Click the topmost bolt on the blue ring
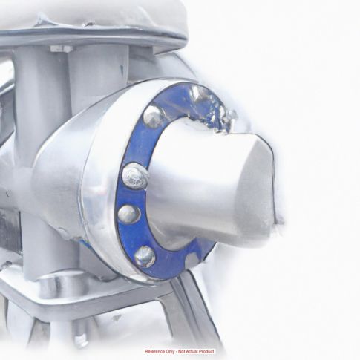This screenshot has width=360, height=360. point(153,117)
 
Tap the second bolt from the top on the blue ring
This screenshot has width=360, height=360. point(135,175)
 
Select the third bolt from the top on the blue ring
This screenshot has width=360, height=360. point(129,214)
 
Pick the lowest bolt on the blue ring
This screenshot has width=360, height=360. point(145,257)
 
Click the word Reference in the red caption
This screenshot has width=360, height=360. point(155,351)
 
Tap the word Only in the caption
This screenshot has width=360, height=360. point(170,352)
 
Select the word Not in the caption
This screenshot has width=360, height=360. point(182,351)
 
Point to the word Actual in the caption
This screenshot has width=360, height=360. point(192,351)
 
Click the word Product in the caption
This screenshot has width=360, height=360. point(206,351)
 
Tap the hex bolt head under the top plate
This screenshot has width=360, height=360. point(62,48)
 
